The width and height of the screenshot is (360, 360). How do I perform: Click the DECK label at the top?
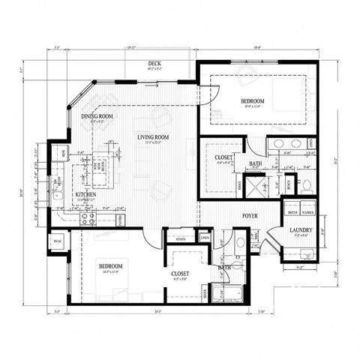pos(154,64)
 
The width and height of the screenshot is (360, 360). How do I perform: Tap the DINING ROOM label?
pos(97,116)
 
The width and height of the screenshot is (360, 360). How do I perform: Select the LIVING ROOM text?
pos(152,137)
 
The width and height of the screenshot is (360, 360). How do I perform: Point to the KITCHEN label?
pos(85,195)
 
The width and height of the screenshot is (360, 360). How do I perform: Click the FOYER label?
pos(250,216)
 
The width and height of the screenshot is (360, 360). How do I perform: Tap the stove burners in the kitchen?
pos(88,220)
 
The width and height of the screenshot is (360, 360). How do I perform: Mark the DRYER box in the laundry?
pos(293,213)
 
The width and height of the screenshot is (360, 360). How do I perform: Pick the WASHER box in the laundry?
pos(308,213)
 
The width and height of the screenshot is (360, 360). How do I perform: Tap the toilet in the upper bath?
pos(306,183)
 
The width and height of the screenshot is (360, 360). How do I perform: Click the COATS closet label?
pos(181,238)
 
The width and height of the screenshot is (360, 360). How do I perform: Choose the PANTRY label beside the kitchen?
pos(120,218)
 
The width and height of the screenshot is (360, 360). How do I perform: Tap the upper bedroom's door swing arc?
pos(209,94)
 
